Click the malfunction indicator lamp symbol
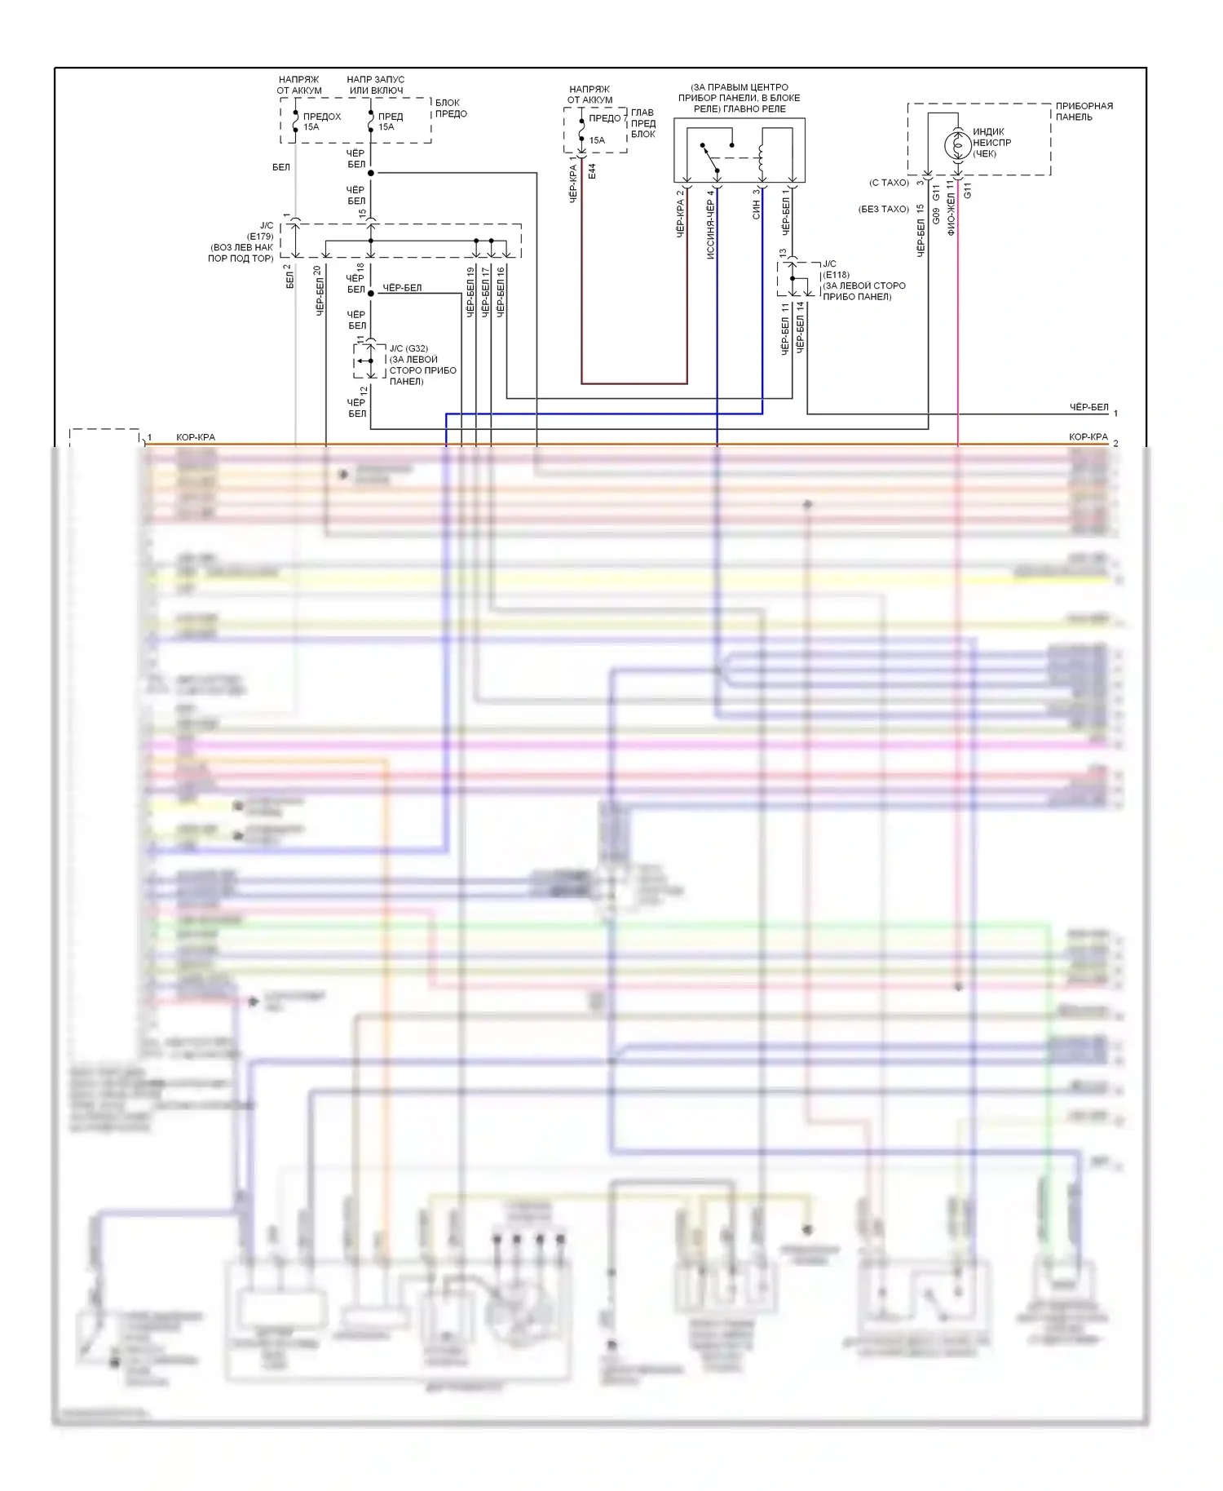(x=958, y=145)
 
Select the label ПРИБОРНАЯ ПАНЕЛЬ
(x=1084, y=112)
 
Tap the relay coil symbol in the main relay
(x=762, y=155)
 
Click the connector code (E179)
(x=260, y=237)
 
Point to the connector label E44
(x=592, y=171)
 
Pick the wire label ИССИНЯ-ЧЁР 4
(x=710, y=224)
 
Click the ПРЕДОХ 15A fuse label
(x=321, y=122)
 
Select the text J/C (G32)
(x=408, y=349)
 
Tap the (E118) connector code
(x=836, y=275)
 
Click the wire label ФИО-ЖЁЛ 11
(x=951, y=209)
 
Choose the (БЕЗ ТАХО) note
(x=883, y=210)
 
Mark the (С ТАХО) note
(x=889, y=183)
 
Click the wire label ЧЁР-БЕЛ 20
(x=319, y=291)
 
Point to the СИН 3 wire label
(x=756, y=204)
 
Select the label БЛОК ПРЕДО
(x=450, y=108)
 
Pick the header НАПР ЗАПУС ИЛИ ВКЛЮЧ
(x=375, y=85)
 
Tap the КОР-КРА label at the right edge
(x=1088, y=437)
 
